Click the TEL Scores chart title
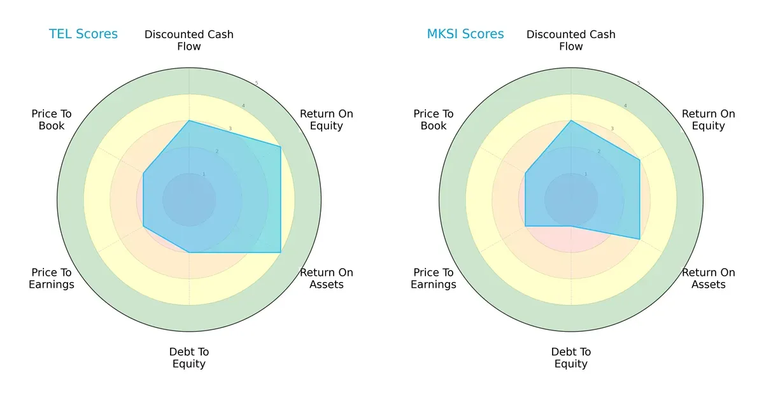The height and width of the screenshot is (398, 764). point(83,34)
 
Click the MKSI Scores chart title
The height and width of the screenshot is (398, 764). point(465,34)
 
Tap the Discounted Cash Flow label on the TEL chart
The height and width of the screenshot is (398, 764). point(189,40)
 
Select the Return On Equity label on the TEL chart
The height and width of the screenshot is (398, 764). point(327,120)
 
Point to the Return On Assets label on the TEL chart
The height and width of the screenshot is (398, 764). point(327,278)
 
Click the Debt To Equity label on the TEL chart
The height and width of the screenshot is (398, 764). point(189,358)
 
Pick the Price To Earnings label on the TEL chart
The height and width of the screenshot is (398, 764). point(52,278)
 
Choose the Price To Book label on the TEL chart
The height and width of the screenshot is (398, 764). point(52,120)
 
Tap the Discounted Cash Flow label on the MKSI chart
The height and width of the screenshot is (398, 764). point(571,40)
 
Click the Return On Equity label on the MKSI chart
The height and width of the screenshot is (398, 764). point(709,120)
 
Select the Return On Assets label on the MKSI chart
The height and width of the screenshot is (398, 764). point(709,278)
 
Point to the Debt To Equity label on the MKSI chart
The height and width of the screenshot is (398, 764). point(571,358)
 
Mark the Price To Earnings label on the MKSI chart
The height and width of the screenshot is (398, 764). point(434,278)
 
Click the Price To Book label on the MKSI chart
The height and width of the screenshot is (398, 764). point(434,120)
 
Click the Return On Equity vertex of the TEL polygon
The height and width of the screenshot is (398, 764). point(281,146)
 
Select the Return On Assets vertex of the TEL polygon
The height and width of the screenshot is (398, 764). point(281,252)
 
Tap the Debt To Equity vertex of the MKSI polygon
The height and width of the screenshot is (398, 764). point(571,226)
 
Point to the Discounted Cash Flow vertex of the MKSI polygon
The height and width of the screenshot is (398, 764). point(571,120)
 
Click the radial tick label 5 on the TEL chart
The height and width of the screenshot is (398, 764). point(257,83)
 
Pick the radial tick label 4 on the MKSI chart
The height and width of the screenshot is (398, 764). point(625,106)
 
